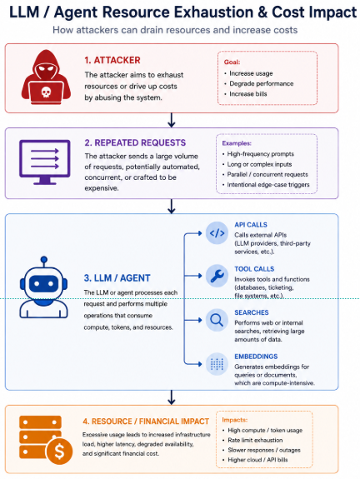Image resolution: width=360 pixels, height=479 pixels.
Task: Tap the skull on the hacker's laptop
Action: [46, 92]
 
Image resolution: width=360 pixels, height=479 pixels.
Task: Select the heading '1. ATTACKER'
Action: [112, 60]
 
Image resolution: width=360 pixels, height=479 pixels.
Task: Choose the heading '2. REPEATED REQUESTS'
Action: [135, 142]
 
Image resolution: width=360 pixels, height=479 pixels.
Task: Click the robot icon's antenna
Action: [44, 262]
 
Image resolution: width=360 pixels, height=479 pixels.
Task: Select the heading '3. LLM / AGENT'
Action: [117, 278]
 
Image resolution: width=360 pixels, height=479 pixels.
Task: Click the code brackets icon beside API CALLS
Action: [217, 232]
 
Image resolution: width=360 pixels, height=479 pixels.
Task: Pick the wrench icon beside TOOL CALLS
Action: [217, 276]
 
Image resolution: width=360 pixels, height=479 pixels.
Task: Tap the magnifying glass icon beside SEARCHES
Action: [217, 320]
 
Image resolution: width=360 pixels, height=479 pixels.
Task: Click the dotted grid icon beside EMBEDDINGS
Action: [217, 364]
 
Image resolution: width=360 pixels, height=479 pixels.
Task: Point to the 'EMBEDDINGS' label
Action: [256, 357]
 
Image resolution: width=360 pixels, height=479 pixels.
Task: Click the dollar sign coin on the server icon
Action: [59, 451]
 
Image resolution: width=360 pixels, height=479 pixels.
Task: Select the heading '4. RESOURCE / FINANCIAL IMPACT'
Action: [146, 422]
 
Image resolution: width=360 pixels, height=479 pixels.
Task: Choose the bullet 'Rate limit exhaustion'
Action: [255, 440]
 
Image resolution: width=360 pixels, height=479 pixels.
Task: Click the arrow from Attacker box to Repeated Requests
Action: [172, 120]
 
